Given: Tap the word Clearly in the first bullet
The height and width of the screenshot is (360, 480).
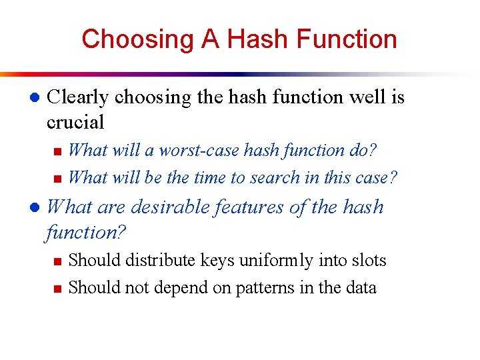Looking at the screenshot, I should pos(78,97).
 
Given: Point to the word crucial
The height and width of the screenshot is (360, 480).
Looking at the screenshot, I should pos(75,122).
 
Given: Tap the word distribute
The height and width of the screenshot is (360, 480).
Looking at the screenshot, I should pos(145,260).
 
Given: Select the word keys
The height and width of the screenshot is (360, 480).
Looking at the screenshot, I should pos(199,260).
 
